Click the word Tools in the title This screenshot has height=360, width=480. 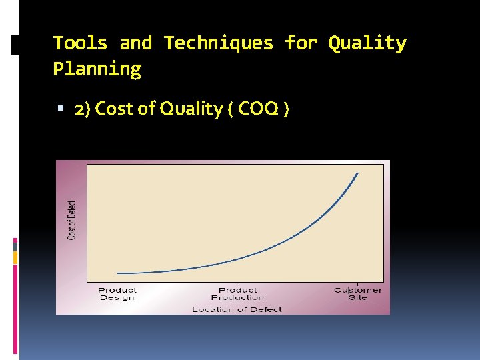click(80, 43)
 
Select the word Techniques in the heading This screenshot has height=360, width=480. click(219, 43)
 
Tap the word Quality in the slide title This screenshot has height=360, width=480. click(367, 43)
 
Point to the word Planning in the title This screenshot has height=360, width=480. click(97, 69)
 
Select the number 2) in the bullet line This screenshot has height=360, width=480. click(83, 109)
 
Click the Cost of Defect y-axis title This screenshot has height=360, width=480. click(72, 220)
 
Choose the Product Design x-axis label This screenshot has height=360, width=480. click(117, 293)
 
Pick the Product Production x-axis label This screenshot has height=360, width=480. click(237, 293)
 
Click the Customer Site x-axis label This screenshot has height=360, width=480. click(357, 293)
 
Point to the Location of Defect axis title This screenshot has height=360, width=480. click(237, 309)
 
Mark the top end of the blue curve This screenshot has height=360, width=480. click(358, 173)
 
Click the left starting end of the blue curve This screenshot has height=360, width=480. click(117, 273)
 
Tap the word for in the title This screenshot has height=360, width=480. click(301, 43)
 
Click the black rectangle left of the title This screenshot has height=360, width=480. click(15, 45)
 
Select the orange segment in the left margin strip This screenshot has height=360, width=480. click(15, 257)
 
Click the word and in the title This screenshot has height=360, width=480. click(136, 43)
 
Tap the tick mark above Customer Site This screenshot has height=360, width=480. click(357, 284)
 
